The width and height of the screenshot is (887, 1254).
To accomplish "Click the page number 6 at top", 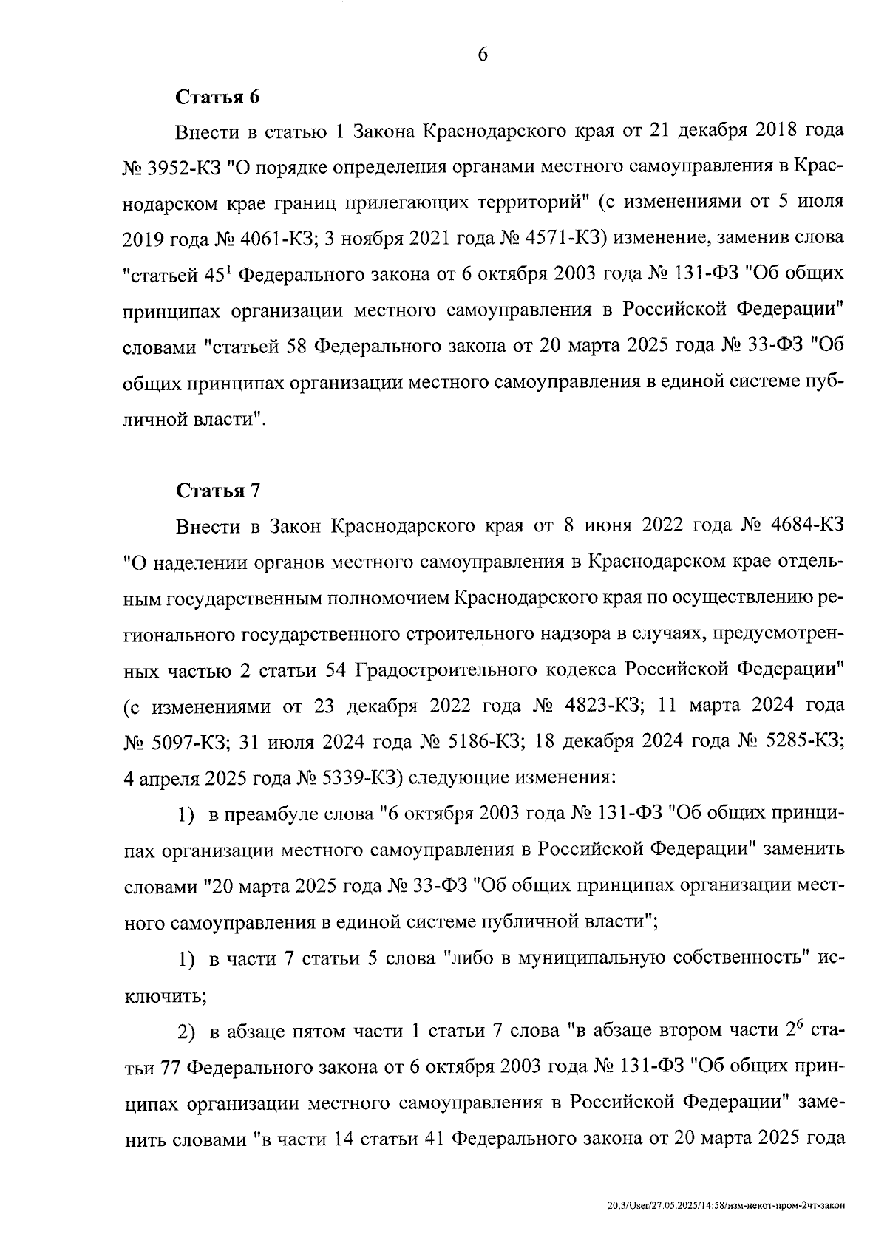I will [483, 55].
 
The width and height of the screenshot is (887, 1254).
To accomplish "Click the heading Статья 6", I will [218, 97].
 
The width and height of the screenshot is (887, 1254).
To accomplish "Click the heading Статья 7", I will [218, 491].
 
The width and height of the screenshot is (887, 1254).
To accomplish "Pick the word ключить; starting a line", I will [164, 995].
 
